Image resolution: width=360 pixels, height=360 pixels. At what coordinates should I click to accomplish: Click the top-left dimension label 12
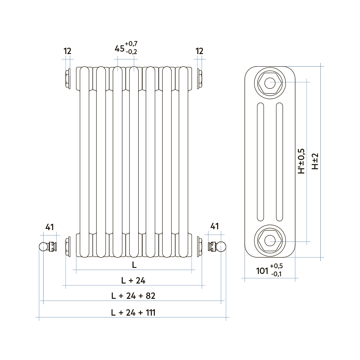(x=67, y=51)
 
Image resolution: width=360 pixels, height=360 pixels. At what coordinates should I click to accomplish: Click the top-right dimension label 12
(x=199, y=51)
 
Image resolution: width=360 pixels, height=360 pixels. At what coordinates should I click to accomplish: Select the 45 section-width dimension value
(x=119, y=48)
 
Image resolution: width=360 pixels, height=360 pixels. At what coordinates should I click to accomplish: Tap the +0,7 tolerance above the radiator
(x=131, y=44)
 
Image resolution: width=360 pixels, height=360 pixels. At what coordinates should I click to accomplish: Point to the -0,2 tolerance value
(x=131, y=52)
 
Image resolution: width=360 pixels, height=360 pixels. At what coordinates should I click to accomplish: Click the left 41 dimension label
(x=50, y=227)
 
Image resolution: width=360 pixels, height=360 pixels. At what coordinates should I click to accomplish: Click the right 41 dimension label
(x=215, y=226)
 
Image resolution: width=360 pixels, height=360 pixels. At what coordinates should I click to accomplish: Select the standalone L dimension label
(x=134, y=265)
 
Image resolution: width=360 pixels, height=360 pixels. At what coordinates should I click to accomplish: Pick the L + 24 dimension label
(x=133, y=280)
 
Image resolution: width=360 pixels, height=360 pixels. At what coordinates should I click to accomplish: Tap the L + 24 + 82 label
(x=133, y=296)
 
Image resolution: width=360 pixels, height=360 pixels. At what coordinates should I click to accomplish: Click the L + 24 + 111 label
(x=133, y=312)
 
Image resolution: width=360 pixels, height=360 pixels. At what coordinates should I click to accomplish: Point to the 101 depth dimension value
(x=262, y=271)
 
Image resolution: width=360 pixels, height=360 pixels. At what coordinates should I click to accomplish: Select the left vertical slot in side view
(x=260, y=162)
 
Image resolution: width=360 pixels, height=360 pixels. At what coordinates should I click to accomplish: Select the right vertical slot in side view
(x=279, y=162)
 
